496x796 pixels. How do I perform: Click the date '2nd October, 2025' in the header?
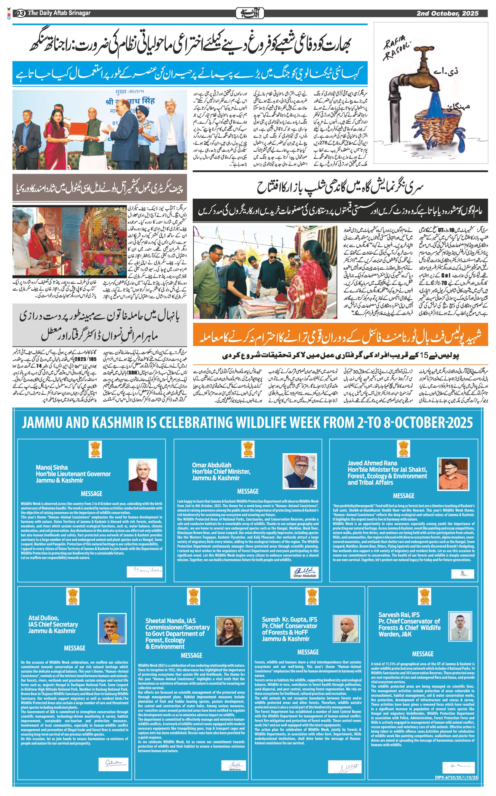[448, 13]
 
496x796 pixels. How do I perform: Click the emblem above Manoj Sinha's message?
[95, 449]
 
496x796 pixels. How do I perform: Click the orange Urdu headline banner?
[340, 335]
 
